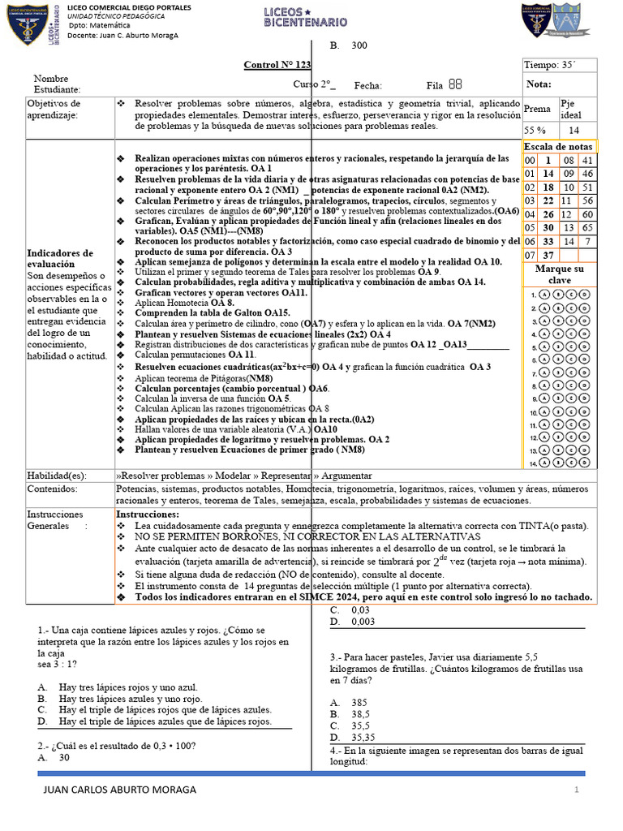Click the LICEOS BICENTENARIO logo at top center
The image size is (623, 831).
pos(306,18)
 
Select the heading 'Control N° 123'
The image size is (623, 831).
pos(277,65)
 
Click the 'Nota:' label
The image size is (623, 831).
pos(539,84)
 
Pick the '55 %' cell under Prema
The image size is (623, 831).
pos(535,130)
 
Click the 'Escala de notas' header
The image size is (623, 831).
pos(557,146)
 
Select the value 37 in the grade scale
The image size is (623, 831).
pos(548,256)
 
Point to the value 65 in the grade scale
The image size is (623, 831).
pos(587,228)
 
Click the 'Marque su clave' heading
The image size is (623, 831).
pos(560,274)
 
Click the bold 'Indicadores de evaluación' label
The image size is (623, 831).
pos(60,259)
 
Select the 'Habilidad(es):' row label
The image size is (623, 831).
pos(58,475)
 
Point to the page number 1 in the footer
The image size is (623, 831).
pos(576,790)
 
